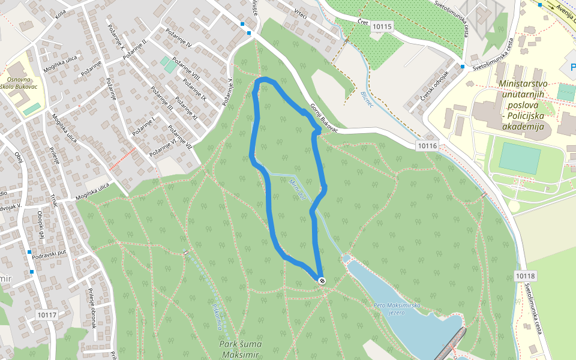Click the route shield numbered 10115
(382, 26)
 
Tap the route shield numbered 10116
(427, 146)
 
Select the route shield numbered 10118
(524, 275)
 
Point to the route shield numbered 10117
(46, 314)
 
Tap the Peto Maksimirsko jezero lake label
(397, 309)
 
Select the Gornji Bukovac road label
(324, 118)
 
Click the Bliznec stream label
(367, 100)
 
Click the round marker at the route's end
(322, 280)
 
